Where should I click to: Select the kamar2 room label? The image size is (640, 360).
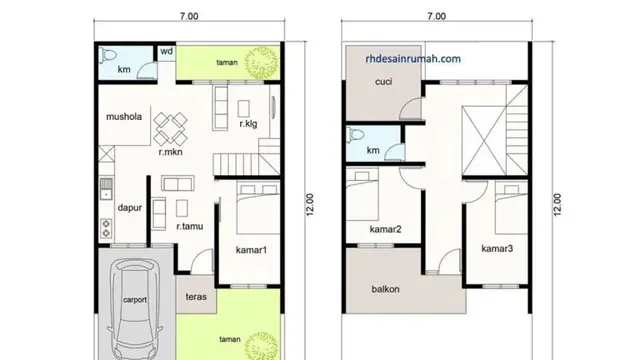[x=385, y=230]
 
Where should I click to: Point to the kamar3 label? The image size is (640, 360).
[x=497, y=248]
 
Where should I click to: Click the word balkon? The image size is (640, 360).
[x=385, y=290]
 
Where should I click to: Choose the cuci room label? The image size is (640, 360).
[x=382, y=83]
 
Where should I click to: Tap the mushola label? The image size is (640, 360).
[x=125, y=116]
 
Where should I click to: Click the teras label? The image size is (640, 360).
[x=196, y=298]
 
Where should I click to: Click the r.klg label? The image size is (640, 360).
[x=250, y=124]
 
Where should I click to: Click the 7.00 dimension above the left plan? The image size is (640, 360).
[x=189, y=16]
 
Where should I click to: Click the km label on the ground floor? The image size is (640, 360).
[x=123, y=71]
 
